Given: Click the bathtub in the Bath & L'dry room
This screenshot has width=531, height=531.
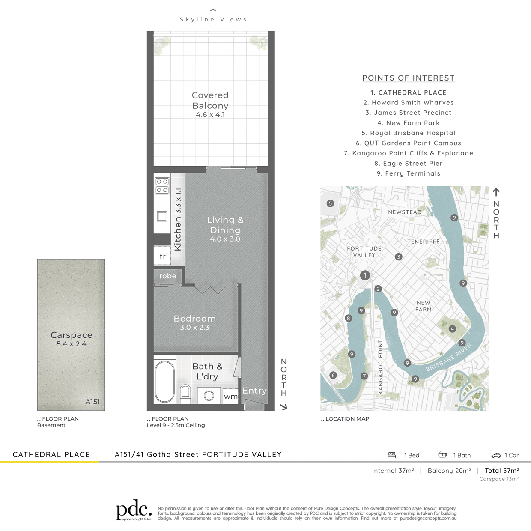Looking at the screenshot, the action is click(164, 382).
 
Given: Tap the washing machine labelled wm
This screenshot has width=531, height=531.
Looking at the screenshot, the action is click(230, 396).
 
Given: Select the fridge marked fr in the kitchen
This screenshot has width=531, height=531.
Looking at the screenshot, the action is click(162, 257).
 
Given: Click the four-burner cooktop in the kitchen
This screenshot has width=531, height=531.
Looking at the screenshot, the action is click(162, 186).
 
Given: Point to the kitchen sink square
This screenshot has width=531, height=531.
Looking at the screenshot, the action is click(162, 216).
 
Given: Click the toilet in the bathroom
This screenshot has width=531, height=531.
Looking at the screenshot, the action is click(185, 394).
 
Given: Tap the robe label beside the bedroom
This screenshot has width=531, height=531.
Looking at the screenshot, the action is click(168, 276).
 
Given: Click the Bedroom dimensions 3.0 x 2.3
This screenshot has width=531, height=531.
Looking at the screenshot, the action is click(194, 327).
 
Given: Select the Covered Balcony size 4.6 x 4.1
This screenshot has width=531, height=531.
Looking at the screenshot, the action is click(210, 115).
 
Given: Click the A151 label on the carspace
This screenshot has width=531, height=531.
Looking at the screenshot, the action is click(92, 402).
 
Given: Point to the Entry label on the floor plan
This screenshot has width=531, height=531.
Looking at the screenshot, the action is click(254, 391).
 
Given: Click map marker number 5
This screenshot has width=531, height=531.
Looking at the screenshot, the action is click(331, 204).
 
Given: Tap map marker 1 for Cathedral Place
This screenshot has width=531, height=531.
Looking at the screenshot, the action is click(365, 275).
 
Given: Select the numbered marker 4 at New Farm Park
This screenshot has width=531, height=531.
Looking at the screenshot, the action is click(452, 329).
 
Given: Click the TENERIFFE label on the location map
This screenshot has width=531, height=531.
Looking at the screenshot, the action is click(423, 242).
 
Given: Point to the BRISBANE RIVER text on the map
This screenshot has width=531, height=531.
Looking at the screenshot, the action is click(449, 358).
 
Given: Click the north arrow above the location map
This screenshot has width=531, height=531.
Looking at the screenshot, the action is click(496, 192).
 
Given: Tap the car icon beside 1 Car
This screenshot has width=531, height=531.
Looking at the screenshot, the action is click(496, 456).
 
